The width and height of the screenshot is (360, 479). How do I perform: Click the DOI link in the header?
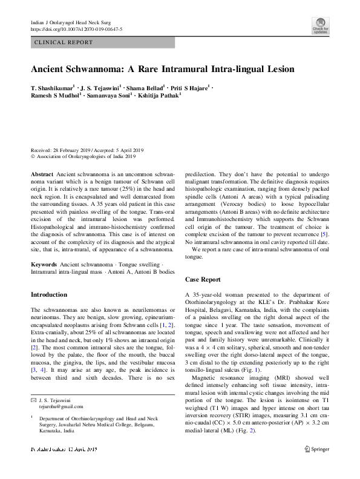[x=76, y=29]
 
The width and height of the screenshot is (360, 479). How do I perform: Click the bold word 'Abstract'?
[x=42, y=174]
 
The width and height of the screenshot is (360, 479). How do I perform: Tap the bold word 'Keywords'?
[x=44, y=265]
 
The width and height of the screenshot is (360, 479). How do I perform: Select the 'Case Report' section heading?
[x=203, y=279]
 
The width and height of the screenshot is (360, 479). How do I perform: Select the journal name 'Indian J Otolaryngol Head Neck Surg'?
[x=73, y=22]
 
